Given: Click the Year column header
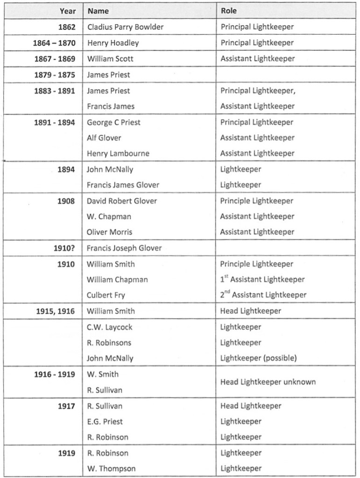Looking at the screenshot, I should click(x=67, y=11).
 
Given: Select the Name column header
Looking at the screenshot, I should click(x=98, y=11).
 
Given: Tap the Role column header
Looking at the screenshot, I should click(x=229, y=11).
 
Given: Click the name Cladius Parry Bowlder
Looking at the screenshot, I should click(x=125, y=27).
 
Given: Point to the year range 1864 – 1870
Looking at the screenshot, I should click(x=54, y=43).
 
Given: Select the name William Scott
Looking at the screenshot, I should click(x=110, y=59).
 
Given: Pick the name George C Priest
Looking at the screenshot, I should click(x=113, y=122).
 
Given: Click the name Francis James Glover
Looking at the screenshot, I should click(x=123, y=185).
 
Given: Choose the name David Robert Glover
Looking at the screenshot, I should click(x=122, y=201).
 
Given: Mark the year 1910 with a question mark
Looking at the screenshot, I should click(x=64, y=248).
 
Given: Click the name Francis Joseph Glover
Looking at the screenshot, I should click(x=124, y=248).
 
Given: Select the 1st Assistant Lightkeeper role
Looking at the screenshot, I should click(x=262, y=280).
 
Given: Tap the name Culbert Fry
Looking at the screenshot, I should click(x=106, y=295).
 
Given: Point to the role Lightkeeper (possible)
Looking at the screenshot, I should click(x=259, y=358).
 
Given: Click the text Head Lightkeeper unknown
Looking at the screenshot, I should click(x=268, y=382).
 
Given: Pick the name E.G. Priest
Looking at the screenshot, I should click(x=105, y=422).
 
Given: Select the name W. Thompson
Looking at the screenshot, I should click(x=111, y=469).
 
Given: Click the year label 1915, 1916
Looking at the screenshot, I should click(x=55, y=311).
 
